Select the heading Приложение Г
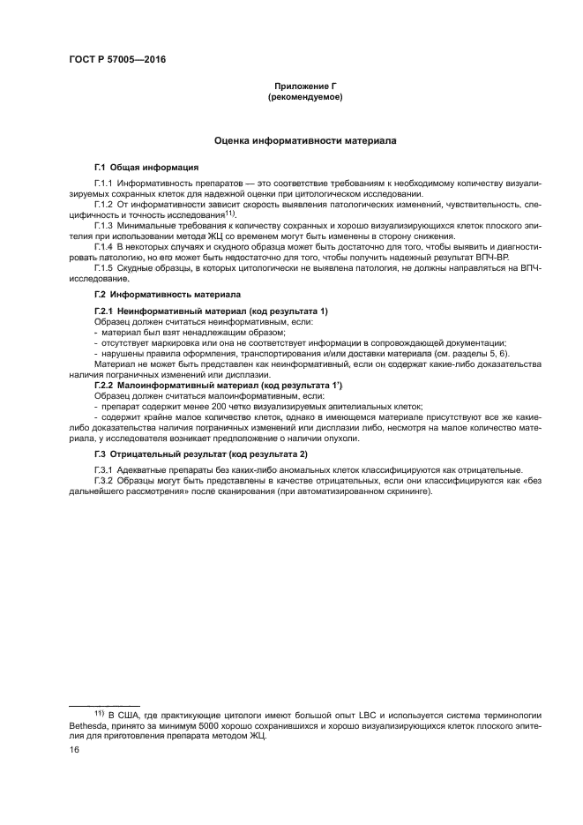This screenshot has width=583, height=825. point(304,86)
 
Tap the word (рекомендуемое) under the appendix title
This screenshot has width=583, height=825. point(304,97)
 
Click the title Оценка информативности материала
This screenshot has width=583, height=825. point(305,141)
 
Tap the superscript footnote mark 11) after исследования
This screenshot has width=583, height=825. point(229,213)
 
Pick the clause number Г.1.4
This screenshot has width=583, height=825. point(105,246)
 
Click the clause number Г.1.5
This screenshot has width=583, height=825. point(105,267)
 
